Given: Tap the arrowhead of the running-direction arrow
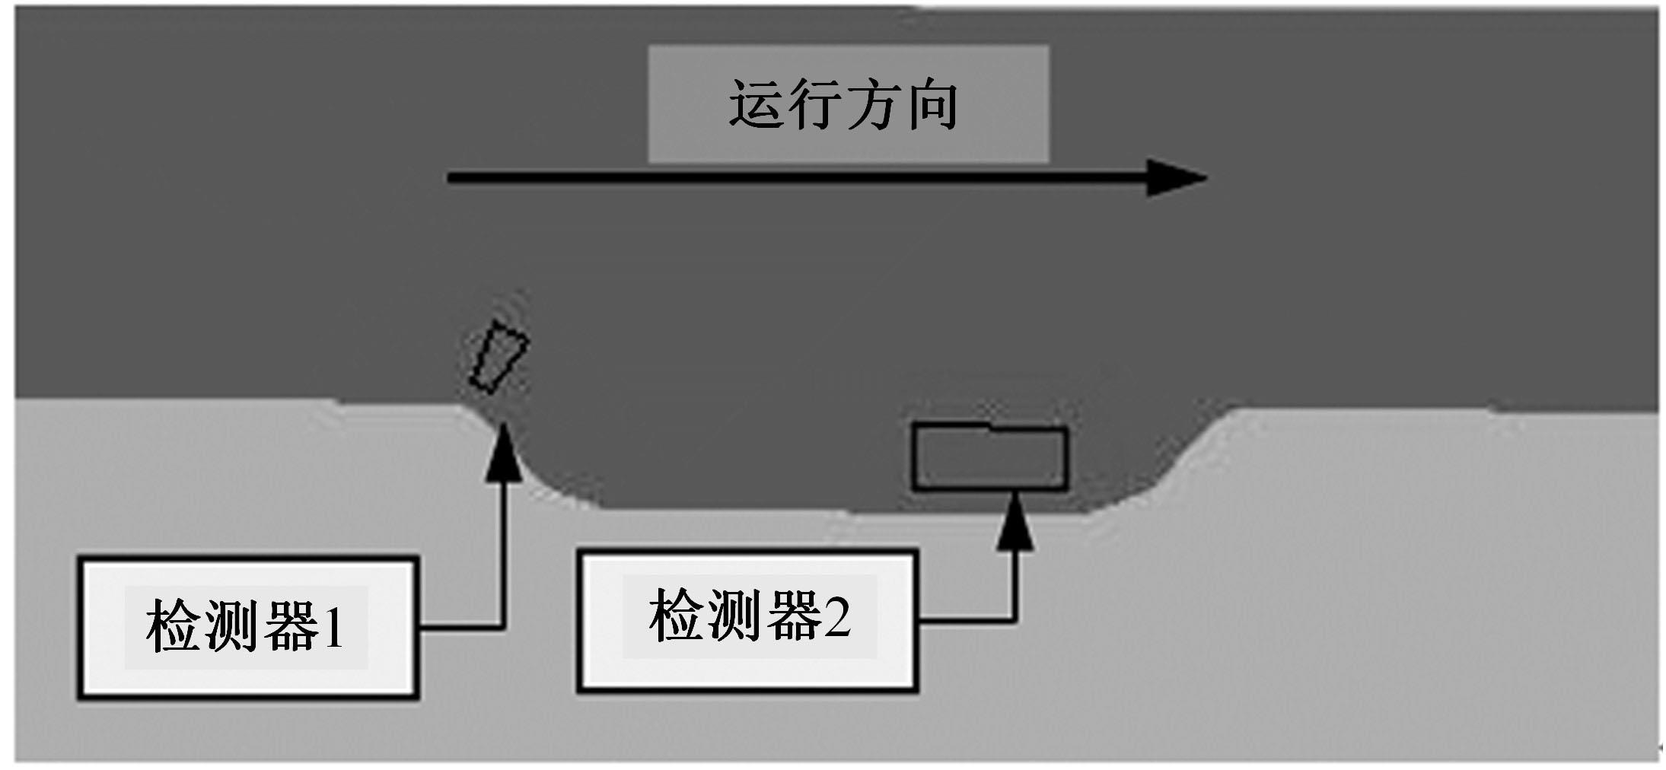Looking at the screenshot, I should coord(1175,178).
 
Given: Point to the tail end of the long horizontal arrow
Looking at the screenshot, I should coord(451,178).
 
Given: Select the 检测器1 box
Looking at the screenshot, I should coord(248,627).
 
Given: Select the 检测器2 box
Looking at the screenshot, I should coord(747,619).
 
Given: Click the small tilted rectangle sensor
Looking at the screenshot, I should coord(499,356).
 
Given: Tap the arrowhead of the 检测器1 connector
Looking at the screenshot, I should coord(502,453).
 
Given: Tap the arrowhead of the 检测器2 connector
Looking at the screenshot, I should coord(1015,522).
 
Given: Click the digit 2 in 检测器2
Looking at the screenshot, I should coord(836,617).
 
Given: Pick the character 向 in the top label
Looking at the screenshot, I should coord(933,104).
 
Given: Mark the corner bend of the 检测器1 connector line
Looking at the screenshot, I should coord(502,627).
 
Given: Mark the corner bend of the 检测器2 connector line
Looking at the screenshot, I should coord(1015,620).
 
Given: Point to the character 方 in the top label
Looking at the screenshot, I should coord(874,104).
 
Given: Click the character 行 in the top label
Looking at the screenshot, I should coord(815,104).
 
